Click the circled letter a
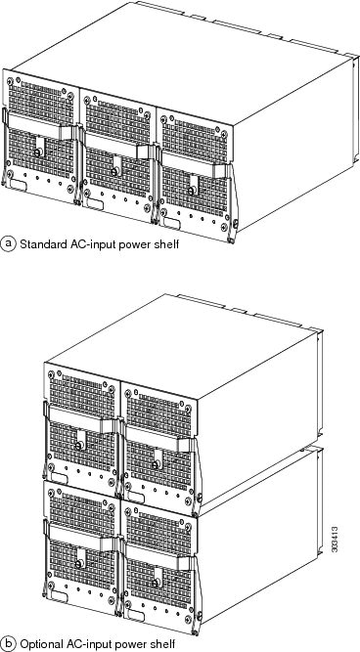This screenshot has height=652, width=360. [x=10, y=239]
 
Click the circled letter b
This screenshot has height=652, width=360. [x=10, y=642]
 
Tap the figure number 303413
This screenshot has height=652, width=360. [x=336, y=544]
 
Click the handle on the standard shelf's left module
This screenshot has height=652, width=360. [x=39, y=131]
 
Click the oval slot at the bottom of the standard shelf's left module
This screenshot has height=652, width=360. [x=20, y=183]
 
